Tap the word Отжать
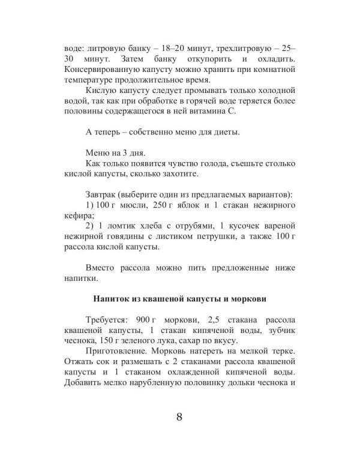pyautogui.click(x=78, y=361)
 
